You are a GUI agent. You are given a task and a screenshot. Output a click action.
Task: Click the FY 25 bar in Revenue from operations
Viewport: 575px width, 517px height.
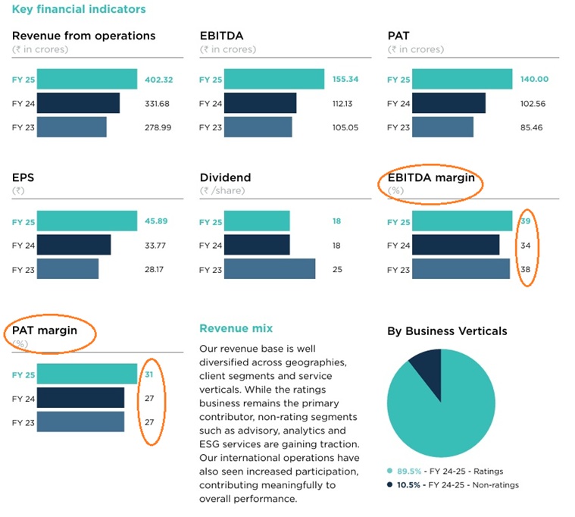[86, 80]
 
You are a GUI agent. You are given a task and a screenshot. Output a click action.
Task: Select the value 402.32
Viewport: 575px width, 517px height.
[158, 80]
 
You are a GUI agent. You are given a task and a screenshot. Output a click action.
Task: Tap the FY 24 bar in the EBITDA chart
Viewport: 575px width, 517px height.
[260, 104]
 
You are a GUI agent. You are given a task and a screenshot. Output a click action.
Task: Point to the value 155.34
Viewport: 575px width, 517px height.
[345, 80]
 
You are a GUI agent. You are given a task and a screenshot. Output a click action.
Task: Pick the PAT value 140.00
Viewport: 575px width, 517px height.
[533, 80]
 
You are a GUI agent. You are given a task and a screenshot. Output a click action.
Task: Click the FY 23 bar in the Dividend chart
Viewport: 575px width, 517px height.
[269, 269]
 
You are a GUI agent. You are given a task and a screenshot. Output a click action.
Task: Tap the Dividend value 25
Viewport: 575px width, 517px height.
[337, 269]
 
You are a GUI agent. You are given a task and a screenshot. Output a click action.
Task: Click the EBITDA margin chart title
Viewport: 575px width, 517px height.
[431, 178]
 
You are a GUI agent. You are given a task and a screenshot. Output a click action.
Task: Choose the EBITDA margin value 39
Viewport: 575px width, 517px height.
[525, 221]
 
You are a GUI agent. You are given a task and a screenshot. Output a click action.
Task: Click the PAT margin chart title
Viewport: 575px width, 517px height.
[50, 330]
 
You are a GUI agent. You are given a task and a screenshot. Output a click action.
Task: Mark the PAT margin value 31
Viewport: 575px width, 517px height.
[150, 374]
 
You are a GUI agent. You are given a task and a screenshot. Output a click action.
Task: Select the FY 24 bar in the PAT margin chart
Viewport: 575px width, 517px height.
[80, 397]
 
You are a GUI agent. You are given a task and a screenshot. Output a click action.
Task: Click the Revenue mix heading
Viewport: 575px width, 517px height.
[236, 328]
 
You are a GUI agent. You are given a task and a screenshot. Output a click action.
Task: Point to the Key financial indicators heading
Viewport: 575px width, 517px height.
[79, 9]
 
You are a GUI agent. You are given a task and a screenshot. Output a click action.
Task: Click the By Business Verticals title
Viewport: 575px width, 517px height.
[447, 331]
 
